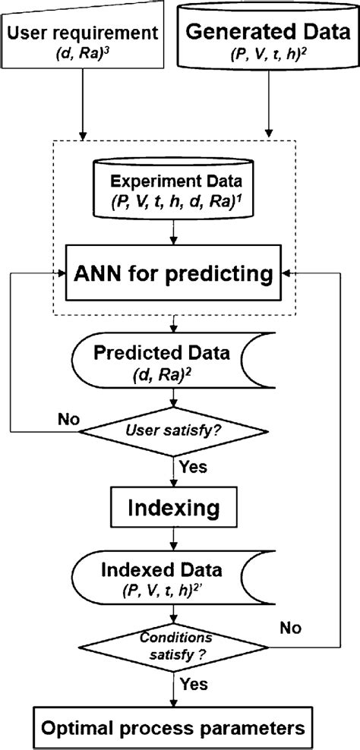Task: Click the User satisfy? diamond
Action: [176, 433]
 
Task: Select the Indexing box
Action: [176, 504]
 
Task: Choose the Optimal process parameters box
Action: [176, 726]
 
